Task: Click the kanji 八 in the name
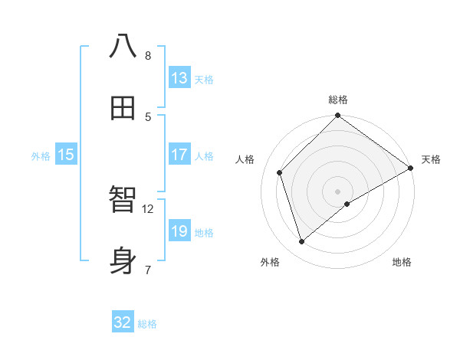(x=123, y=46)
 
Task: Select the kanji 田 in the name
(x=123, y=108)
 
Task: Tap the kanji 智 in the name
(x=123, y=200)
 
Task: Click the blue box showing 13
(x=179, y=77)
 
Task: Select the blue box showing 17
(x=179, y=154)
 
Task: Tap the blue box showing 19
(x=179, y=231)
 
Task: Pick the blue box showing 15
(x=66, y=155)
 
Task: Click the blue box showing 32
(x=123, y=322)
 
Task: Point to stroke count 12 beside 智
(x=148, y=208)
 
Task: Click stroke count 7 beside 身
(x=147, y=270)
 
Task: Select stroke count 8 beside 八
(x=147, y=55)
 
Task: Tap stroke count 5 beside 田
(x=147, y=116)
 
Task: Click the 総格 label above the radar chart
(x=338, y=100)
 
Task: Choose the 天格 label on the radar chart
(x=431, y=159)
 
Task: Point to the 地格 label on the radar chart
(x=402, y=262)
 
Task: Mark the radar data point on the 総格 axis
(x=338, y=116)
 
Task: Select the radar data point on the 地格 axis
(x=347, y=204)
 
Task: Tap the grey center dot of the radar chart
(x=338, y=191)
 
